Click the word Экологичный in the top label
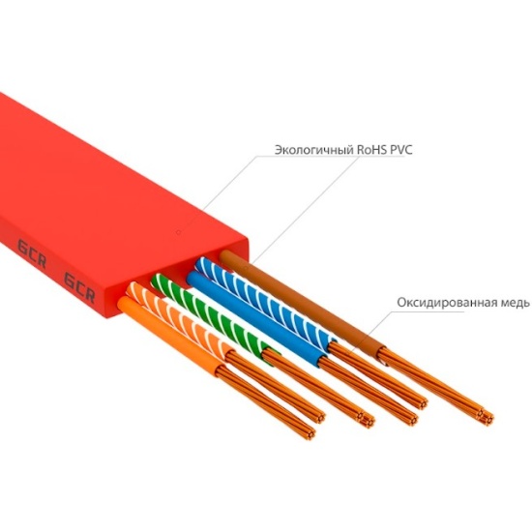click(x=313, y=150)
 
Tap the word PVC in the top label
click(x=401, y=150)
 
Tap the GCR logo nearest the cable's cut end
click(x=79, y=287)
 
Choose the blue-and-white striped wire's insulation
click(x=266, y=299)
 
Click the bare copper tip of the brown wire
click(x=487, y=415)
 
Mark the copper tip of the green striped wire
click(x=368, y=420)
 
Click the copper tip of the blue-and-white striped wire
click(x=421, y=402)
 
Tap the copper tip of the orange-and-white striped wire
click(x=318, y=417)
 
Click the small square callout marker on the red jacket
click(x=179, y=232)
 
